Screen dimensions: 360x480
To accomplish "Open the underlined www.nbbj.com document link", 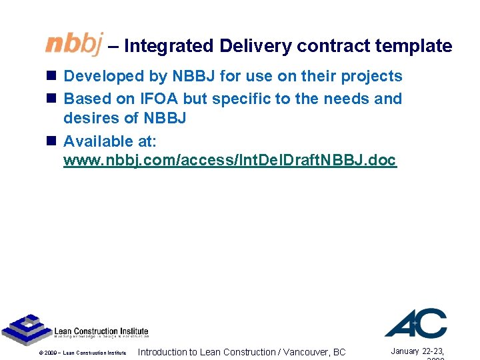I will point(229,161).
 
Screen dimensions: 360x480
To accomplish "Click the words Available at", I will point(109,141).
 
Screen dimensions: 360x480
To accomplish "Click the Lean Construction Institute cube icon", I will point(26,329).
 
